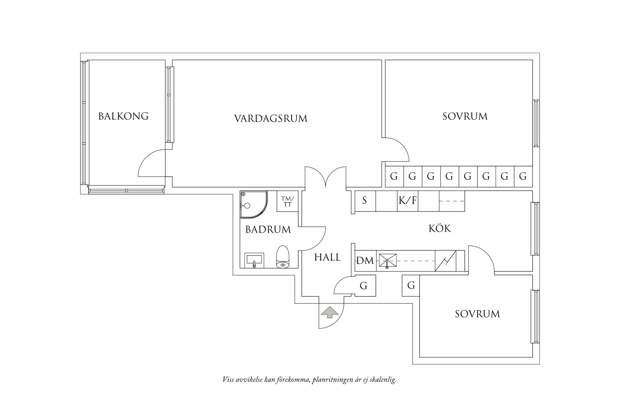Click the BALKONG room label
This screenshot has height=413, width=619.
[123, 116]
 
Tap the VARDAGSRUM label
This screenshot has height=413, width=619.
[271, 119]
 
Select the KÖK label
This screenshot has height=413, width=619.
[440, 228]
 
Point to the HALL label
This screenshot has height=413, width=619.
[327, 257]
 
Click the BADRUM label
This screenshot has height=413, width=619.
[268, 230]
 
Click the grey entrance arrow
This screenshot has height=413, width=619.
[330, 312]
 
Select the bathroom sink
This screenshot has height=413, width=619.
[254, 260]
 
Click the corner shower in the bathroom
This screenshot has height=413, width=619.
[254, 205]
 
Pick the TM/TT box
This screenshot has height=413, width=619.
[288, 201]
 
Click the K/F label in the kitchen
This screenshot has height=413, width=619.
[408, 200]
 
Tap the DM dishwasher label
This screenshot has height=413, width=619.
[365, 261]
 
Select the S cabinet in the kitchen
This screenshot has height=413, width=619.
[365, 201]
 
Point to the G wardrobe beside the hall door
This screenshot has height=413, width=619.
[364, 286]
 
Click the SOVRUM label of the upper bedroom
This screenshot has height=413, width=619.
[465, 116]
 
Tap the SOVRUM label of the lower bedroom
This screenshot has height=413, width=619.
[477, 314]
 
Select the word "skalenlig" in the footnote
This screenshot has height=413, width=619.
[382, 380]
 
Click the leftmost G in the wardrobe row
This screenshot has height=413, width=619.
[394, 176]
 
